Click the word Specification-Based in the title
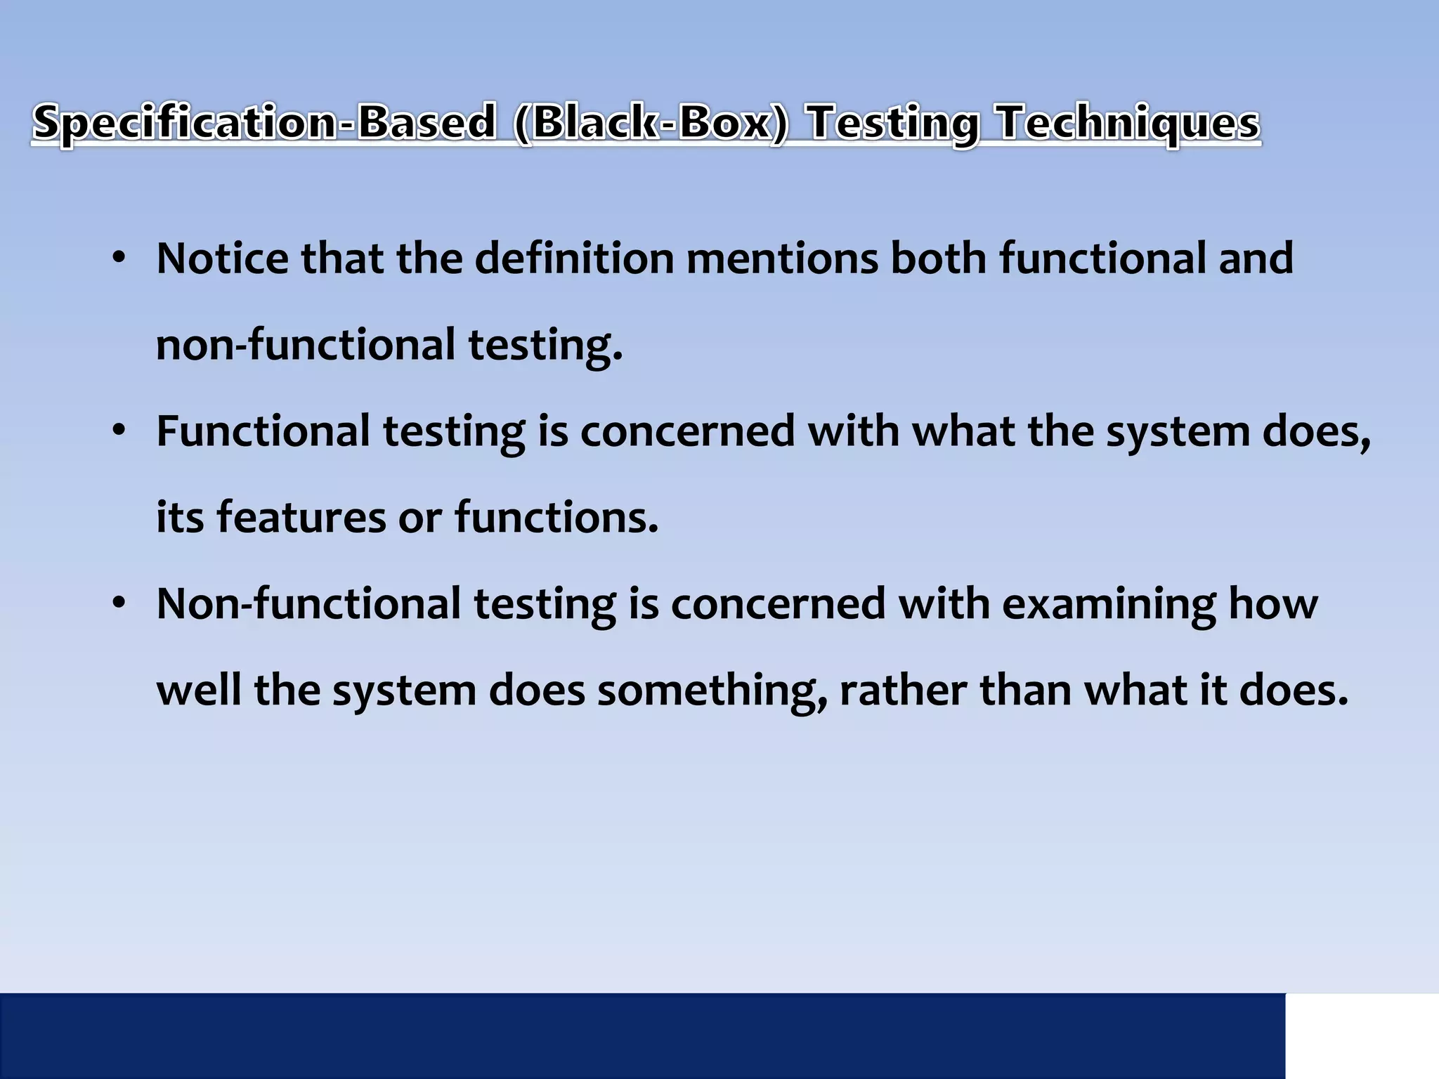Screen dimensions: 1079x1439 tap(264, 123)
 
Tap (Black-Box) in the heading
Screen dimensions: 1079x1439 tap(651, 123)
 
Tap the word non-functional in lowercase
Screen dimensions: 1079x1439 tap(306, 345)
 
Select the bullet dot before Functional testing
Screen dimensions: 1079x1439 tap(118, 430)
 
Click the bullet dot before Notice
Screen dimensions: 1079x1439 tap(118, 259)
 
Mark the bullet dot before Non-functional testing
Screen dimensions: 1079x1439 tap(118, 603)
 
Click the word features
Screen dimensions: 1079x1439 tap(300, 517)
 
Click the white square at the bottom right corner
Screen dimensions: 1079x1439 tap(1362, 1035)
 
